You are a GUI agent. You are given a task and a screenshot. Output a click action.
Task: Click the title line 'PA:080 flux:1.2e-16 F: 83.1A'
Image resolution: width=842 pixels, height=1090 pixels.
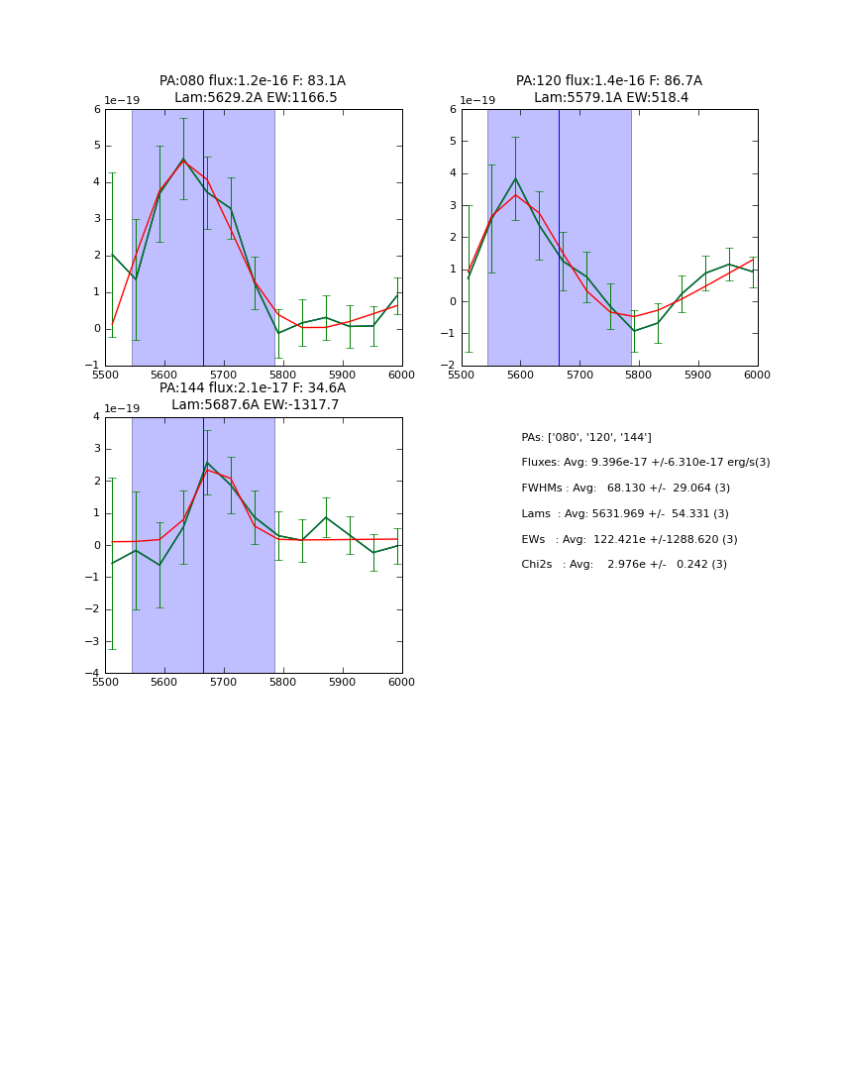click(x=253, y=81)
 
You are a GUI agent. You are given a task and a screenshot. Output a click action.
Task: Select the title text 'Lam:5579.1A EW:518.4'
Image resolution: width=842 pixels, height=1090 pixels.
click(x=610, y=98)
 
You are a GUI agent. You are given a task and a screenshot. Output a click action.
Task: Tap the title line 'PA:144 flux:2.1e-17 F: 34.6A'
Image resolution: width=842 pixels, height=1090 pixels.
click(x=253, y=388)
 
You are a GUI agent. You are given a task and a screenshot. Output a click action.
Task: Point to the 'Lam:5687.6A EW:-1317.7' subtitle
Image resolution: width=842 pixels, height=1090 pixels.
click(x=255, y=405)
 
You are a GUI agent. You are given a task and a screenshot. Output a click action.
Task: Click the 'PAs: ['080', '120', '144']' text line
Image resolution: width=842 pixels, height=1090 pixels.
click(x=586, y=437)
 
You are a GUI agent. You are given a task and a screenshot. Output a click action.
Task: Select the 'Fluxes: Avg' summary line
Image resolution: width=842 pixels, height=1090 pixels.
click(x=645, y=463)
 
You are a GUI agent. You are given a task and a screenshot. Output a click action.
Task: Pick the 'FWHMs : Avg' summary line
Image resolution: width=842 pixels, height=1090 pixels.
click(x=625, y=489)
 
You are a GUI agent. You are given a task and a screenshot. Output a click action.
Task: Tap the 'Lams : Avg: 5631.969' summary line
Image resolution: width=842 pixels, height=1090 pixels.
click(x=624, y=514)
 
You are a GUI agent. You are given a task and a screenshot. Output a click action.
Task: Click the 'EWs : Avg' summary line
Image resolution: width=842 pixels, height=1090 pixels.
click(x=629, y=540)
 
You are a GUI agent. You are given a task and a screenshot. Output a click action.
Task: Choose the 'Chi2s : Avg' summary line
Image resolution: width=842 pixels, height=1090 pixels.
click(x=624, y=565)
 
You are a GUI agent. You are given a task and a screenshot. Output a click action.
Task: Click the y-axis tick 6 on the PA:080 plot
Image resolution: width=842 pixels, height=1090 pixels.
click(x=97, y=110)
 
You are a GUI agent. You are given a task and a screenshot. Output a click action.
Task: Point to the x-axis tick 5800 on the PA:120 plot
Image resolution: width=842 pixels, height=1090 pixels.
click(x=639, y=375)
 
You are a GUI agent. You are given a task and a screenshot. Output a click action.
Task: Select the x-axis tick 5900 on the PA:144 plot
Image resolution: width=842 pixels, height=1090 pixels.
click(x=342, y=682)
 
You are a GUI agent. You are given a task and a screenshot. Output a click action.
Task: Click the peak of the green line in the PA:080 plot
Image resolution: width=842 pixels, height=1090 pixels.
click(x=183, y=159)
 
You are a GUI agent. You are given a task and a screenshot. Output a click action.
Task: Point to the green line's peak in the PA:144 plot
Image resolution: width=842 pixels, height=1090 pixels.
click(x=207, y=462)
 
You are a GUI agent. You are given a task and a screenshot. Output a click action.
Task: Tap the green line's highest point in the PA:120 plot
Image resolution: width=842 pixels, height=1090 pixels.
click(x=515, y=178)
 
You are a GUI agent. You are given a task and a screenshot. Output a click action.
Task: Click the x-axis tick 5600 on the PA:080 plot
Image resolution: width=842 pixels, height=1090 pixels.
click(x=164, y=375)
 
